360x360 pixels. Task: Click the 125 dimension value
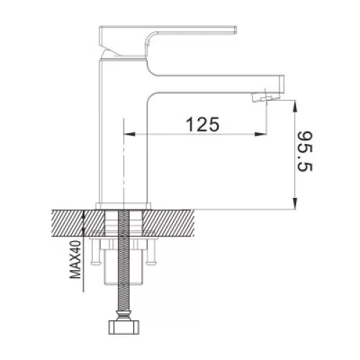(203, 124)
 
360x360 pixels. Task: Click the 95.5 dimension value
(305, 151)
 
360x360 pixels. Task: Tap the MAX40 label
(75, 259)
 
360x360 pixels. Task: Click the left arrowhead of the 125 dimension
(130, 134)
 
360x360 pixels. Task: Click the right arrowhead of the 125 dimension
(261, 134)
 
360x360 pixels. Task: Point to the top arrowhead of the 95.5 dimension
(295, 107)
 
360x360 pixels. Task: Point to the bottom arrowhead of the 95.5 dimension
(295, 204)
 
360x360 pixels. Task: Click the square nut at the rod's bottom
(124, 327)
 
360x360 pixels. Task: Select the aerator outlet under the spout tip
(261, 98)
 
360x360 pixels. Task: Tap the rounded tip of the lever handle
(235, 30)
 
